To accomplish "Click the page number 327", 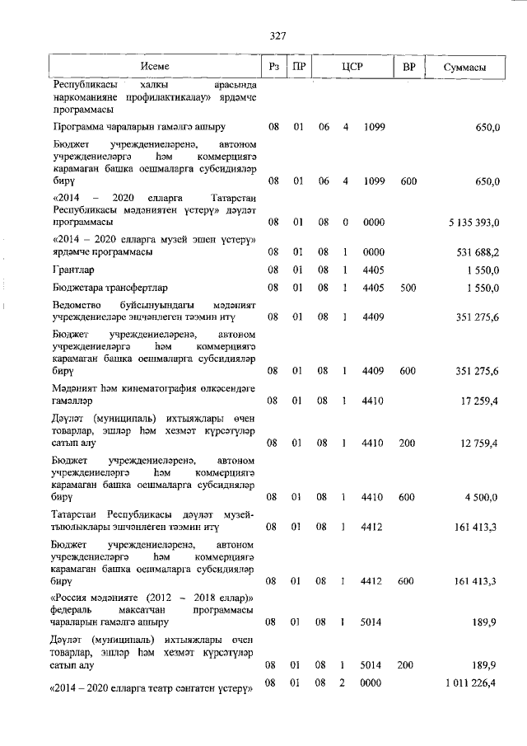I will click(x=277, y=35).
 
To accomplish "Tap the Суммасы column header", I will click(x=464, y=66).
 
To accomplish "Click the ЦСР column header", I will click(x=353, y=66).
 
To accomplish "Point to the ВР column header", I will click(x=408, y=66).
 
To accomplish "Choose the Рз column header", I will click(x=274, y=66).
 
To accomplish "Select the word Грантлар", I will click(x=73, y=270).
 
